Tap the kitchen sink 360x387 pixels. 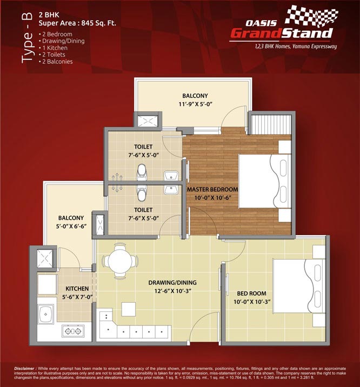point(45,314)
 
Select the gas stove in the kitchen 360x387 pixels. point(73,331)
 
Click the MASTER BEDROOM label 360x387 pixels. point(212,190)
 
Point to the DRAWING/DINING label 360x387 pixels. point(172,283)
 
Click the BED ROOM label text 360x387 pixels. point(252,293)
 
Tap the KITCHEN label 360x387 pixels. point(77,289)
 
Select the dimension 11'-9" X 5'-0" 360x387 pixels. point(195,104)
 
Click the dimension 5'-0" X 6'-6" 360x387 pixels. point(71,226)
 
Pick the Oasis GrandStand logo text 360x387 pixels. point(281,30)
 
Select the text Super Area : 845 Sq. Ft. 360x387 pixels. point(77,23)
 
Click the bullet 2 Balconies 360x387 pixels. point(56,62)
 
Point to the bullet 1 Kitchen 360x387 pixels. point(53,48)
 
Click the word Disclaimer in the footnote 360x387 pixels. point(25,369)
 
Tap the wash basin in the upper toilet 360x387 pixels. point(171,176)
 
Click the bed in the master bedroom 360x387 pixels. point(265,181)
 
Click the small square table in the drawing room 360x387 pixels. point(128,309)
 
